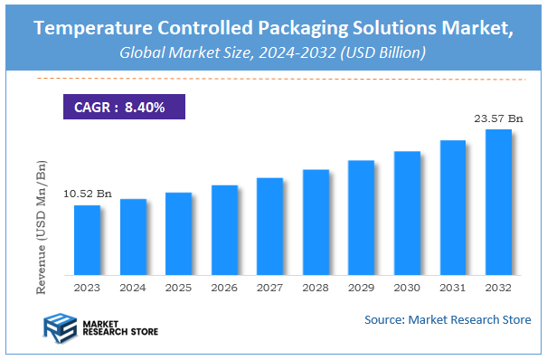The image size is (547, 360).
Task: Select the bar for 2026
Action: click(x=224, y=231)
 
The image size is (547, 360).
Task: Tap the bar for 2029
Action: click(x=362, y=218)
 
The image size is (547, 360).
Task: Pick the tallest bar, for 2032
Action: click(x=498, y=203)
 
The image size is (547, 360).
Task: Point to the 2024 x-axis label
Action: click(x=133, y=288)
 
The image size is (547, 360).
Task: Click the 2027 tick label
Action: click(x=269, y=288)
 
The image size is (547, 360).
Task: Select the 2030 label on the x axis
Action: click(x=407, y=288)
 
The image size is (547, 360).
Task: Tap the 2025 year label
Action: click(x=178, y=288)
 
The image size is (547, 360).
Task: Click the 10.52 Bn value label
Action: click(x=88, y=194)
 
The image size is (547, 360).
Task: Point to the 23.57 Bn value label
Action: click(x=498, y=118)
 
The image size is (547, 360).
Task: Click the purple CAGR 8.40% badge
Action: click(x=124, y=107)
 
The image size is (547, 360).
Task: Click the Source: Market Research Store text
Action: click(x=448, y=319)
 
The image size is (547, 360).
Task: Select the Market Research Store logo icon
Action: click(x=61, y=325)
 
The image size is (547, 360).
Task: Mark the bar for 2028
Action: click(x=316, y=223)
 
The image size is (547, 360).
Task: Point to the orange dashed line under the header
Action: click(x=271, y=80)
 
